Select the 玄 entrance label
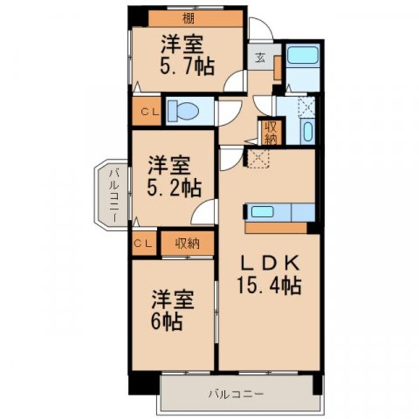259,58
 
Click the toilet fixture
182,110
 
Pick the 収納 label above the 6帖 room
187,244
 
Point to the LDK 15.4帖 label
270,274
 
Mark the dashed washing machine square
306,106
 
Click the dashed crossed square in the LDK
258,159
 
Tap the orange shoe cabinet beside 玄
277,68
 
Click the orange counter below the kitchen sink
276,228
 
